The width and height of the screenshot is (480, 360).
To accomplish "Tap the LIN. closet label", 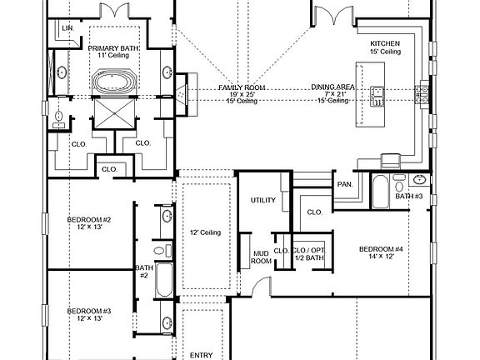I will click(x=67, y=28).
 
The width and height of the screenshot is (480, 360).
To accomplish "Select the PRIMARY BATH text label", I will click(x=113, y=49).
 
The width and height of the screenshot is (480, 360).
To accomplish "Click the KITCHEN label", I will click(x=386, y=42).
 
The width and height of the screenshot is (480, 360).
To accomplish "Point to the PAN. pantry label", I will click(x=343, y=183).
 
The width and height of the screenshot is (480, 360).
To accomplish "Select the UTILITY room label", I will click(x=262, y=201).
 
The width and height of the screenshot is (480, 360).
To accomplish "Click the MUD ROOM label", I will click(x=262, y=257).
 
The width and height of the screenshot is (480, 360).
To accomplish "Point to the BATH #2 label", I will click(x=142, y=271).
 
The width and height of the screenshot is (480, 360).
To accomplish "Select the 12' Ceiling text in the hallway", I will click(x=205, y=232).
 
